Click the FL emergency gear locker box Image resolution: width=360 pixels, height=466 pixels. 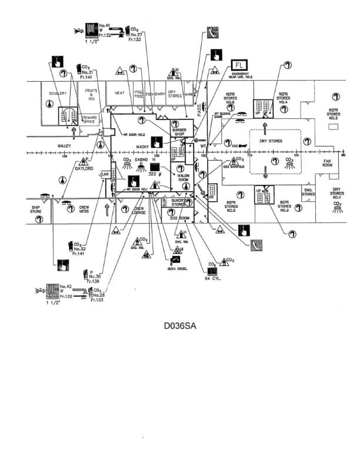[x=239, y=64]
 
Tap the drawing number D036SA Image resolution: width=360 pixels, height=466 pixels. [x=180, y=324]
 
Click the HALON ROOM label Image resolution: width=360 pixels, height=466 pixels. [x=179, y=177]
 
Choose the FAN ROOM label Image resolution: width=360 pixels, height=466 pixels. [x=328, y=164]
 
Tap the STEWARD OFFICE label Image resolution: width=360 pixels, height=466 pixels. [x=89, y=120]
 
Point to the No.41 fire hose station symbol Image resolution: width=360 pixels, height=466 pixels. [x=91, y=29]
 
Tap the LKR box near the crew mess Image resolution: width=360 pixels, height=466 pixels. [x=105, y=174]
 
